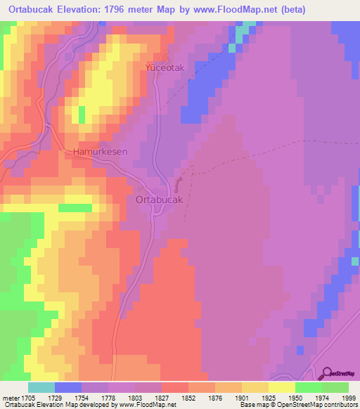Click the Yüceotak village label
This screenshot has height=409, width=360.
tap(163, 68)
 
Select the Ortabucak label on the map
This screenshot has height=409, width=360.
tap(159, 200)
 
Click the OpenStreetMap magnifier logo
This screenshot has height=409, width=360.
tap(327, 374)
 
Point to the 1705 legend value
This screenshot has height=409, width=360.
tap(26, 398)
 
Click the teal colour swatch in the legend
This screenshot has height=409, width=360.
tap(41, 387)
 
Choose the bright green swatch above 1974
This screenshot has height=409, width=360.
tap(309, 387)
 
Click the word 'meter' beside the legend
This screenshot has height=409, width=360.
tap(9, 398)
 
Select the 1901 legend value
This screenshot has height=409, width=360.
tap(228, 398)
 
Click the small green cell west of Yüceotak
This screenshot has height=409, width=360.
tap(82, 115)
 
